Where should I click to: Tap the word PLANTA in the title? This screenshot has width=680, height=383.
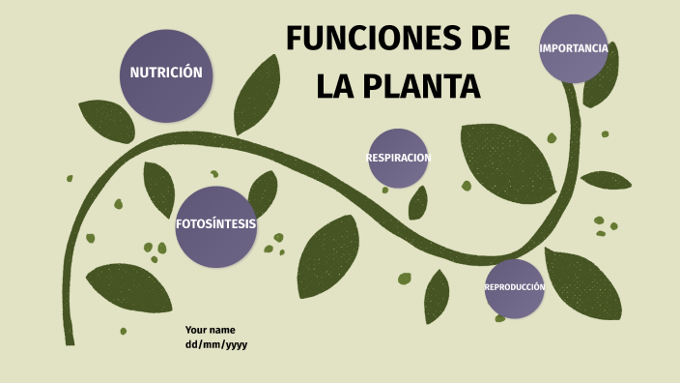pos(420,86)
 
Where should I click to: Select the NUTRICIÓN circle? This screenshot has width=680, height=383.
pos(166,74)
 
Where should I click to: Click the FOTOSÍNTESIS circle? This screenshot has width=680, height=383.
pos(216,225)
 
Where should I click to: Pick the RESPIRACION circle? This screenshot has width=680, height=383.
pos(398,158)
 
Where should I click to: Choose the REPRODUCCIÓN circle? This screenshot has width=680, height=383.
pos(514,288)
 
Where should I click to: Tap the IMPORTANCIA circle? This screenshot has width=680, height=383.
pos(574,48)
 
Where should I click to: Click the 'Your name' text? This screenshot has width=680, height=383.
pos(211,330)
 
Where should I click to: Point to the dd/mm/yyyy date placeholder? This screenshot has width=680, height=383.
pos(216,344)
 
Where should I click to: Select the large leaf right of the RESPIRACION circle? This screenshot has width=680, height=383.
pos(507,159)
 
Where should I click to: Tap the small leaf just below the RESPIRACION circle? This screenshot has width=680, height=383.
pos(418,202)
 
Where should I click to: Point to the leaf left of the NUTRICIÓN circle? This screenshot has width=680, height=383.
pos(106,121)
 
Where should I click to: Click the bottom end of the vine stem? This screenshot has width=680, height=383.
pos(70,340)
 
